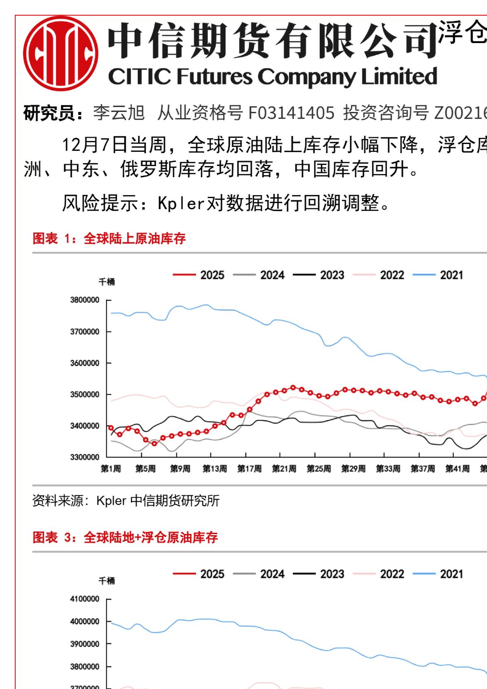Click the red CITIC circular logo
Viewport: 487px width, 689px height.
tap(61, 54)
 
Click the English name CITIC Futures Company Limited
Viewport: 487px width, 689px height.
tap(273, 77)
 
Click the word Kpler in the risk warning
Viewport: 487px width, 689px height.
tap(181, 203)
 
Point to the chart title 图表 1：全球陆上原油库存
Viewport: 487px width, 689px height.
tap(109, 238)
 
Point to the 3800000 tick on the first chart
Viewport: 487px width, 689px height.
tap(84, 300)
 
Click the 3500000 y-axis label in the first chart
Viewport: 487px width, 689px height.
tap(84, 394)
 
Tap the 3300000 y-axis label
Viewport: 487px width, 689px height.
tap(84, 457)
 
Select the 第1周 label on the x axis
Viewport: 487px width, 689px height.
tap(111, 468)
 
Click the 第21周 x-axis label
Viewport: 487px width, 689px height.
tap(284, 468)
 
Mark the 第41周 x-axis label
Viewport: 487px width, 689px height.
tap(457, 468)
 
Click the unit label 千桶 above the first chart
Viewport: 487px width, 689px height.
tap(107, 282)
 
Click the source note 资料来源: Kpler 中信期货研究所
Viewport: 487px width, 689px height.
tap(126, 500)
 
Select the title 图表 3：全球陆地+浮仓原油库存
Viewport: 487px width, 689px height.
tap(125, 537)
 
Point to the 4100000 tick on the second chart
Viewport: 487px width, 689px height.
tap(84, 599)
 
